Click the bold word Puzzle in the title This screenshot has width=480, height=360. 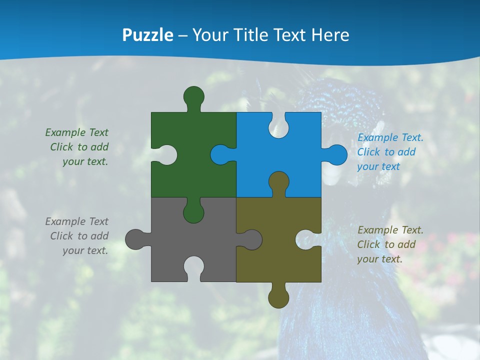pos(148,35)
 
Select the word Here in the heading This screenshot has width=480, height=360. pos(329,35)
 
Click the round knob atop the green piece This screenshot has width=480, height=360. pos(193,96)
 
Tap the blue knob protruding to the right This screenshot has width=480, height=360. pos(337,154)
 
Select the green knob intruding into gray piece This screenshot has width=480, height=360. pos(193,212)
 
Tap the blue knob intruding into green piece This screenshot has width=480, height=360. pos(220,154)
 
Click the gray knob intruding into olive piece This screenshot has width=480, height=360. pos(252,239)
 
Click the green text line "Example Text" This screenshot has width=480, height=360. pos(76,132)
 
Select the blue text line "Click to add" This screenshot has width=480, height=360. pos(386,152)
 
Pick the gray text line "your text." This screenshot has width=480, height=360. pos(85,250)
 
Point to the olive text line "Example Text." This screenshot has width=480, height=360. pos(390,230)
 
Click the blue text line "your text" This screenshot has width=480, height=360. pos(378,166)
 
